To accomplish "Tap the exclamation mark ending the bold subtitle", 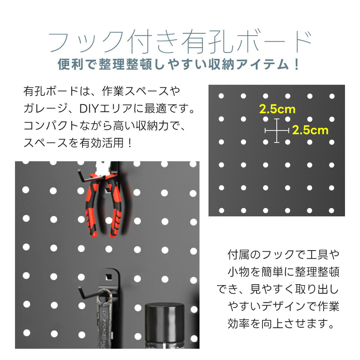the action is (297, 64).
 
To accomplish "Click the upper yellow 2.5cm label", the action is (277, 109).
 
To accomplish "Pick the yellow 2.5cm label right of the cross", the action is (310, 130).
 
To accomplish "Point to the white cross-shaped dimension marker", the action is (277, 130).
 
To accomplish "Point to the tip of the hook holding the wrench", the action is (79, 288).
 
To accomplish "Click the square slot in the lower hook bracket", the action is (108, 277).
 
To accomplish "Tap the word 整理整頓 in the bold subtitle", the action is (125, 64).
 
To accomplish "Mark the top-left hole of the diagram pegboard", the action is (221, 96).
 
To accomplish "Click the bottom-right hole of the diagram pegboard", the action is (331, 210).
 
